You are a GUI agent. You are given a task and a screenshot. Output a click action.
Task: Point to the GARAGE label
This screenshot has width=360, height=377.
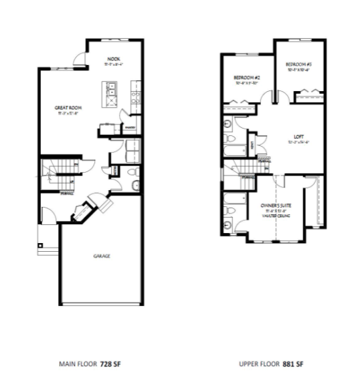[x=102, y=256]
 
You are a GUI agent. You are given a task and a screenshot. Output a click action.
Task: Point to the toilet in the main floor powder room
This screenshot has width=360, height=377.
[x=133, y=185]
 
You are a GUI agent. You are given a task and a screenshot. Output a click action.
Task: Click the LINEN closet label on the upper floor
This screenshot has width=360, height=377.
[x=250, y=145]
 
